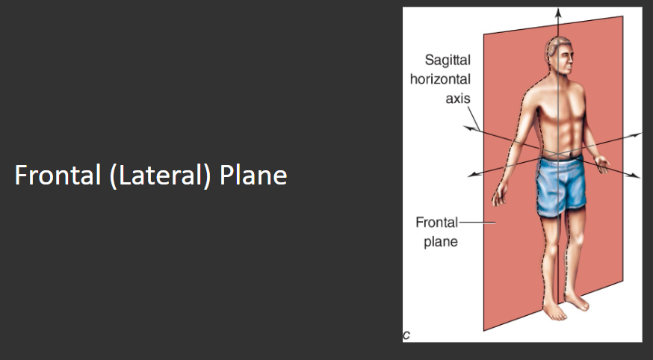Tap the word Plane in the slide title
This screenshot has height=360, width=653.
point(253,176)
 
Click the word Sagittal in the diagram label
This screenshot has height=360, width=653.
point(448,60)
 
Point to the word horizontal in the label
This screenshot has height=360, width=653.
point(440,79)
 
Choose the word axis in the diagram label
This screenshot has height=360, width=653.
point(457,99)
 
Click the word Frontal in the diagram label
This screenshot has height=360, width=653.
point(436,223)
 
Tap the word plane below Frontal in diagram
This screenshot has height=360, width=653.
point(441,242)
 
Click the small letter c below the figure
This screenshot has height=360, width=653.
point(406,335)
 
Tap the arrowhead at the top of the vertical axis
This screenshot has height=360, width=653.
point(557,12)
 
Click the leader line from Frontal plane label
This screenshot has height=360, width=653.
point(471,223)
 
